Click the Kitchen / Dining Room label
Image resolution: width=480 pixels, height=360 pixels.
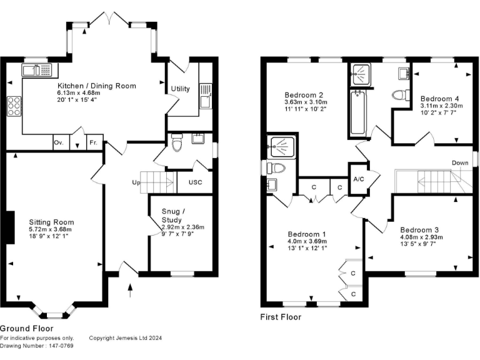click(97, 86)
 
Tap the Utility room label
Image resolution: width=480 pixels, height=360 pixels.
click(181, 89)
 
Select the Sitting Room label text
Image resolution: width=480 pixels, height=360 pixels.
click(51, 222)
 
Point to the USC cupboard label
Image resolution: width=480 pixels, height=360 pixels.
click(194, 183)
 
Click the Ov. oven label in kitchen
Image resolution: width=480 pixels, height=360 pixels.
click(59, 142)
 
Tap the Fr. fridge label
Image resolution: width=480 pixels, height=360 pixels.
click(94, 142)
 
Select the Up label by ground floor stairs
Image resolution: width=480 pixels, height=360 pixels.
click(135, 183)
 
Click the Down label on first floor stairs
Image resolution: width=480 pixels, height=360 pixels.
click(461, 163)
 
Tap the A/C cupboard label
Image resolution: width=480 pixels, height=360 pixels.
click(359, 179)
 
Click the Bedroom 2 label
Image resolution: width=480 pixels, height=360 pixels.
click(297, 95)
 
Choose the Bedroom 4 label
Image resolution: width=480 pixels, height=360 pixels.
click(439, 99)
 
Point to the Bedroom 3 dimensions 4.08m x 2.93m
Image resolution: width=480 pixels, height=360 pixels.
click(421, 237)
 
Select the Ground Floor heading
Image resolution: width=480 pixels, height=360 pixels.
click(26, 328)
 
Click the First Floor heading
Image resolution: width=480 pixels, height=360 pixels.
click(281, 317)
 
